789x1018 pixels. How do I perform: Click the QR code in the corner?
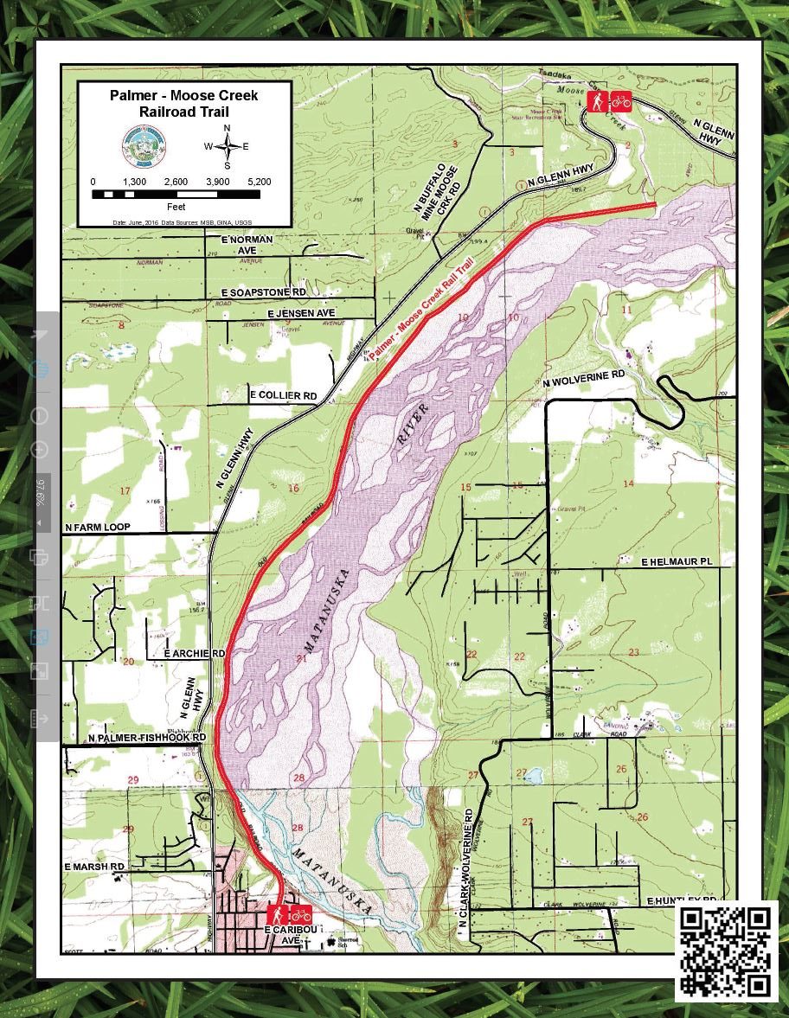click(x=725, y=951)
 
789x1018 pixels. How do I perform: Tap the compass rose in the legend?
click(x=227, y=146)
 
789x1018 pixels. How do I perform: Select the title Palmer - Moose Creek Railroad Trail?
click(x=183, y=103)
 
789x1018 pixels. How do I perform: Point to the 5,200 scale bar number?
click(x=259, y=182)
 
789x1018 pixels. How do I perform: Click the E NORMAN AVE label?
click(x=247, y=244)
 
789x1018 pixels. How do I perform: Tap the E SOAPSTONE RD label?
click(x=264, y=294)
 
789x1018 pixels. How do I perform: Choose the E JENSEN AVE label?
click(x=300, y=312)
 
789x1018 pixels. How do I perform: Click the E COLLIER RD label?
click(x=283, y=395)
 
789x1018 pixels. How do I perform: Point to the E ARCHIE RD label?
click(x=195, y=654)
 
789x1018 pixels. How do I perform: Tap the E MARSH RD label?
click(x=95, y=866)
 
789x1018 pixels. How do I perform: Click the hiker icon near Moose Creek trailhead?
click(x=597, y=102)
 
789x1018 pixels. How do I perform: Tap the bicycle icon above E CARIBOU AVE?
click(x=300, y=913)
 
